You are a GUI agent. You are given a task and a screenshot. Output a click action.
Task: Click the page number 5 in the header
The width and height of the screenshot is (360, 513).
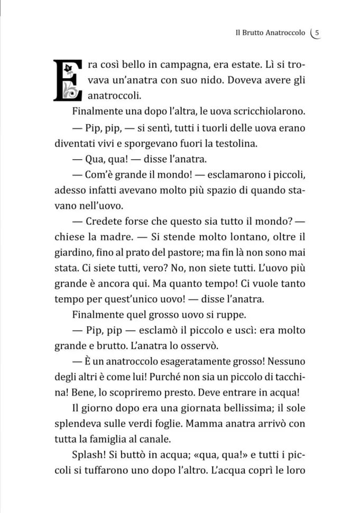[317, 32]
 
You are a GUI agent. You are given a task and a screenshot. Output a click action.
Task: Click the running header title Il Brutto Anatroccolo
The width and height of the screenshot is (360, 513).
[270, 32]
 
